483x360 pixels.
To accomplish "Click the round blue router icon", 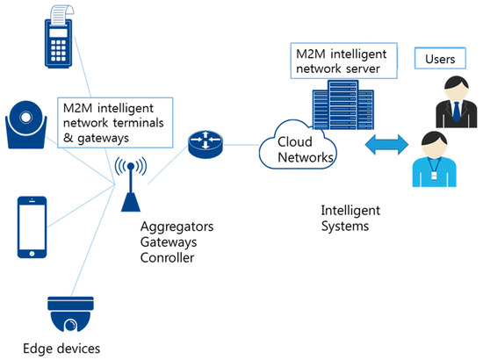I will pos(205,146).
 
